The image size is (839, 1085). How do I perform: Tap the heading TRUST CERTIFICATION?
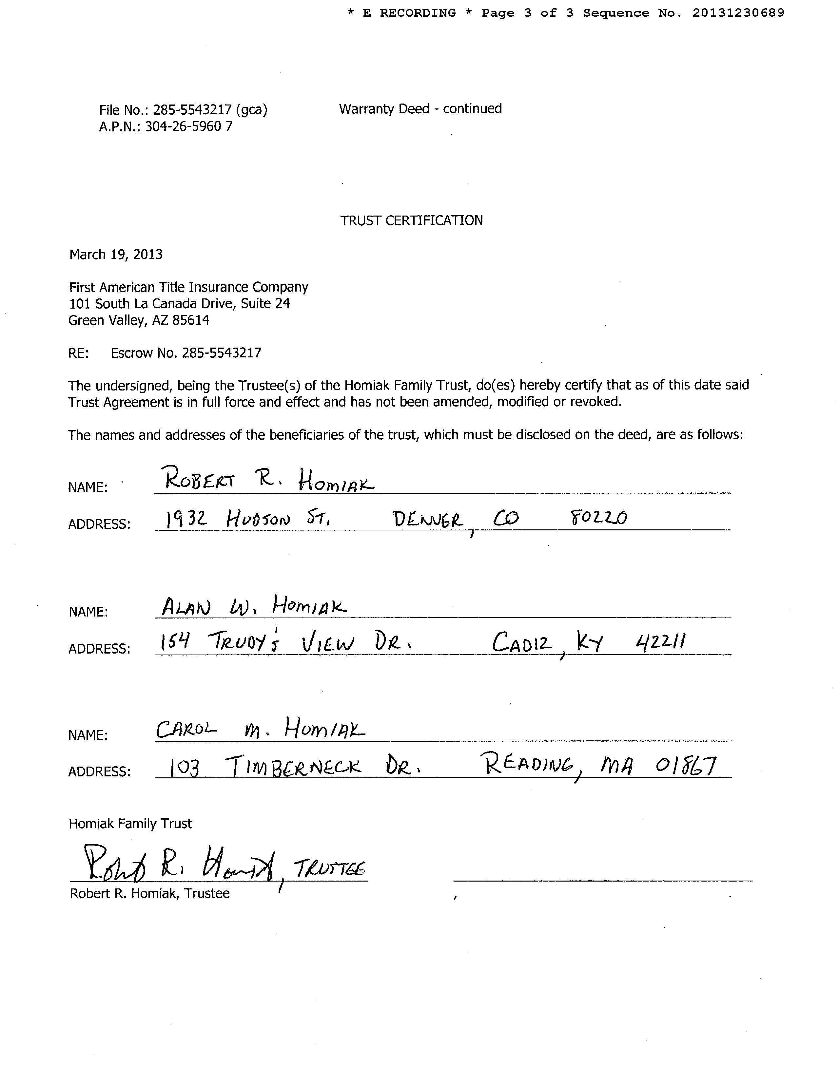point(411,220)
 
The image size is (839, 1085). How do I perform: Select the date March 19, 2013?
point(116,255)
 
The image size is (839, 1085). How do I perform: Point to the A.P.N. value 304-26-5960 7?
point(188,127)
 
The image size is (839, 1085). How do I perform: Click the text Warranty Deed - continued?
point(420,109)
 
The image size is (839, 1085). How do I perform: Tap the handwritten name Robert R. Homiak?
point(268,480)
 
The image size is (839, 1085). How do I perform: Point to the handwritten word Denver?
point(427,520)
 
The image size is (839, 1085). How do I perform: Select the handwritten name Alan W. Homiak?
point(253,606)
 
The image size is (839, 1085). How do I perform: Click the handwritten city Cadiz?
point(522,644)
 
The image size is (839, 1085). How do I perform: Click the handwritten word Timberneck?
point(293,767)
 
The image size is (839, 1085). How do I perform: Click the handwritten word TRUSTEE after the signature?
point(329,869)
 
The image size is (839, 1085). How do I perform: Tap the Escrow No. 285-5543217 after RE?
point(186,353)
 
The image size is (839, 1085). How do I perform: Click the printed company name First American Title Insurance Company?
point(188,287)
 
